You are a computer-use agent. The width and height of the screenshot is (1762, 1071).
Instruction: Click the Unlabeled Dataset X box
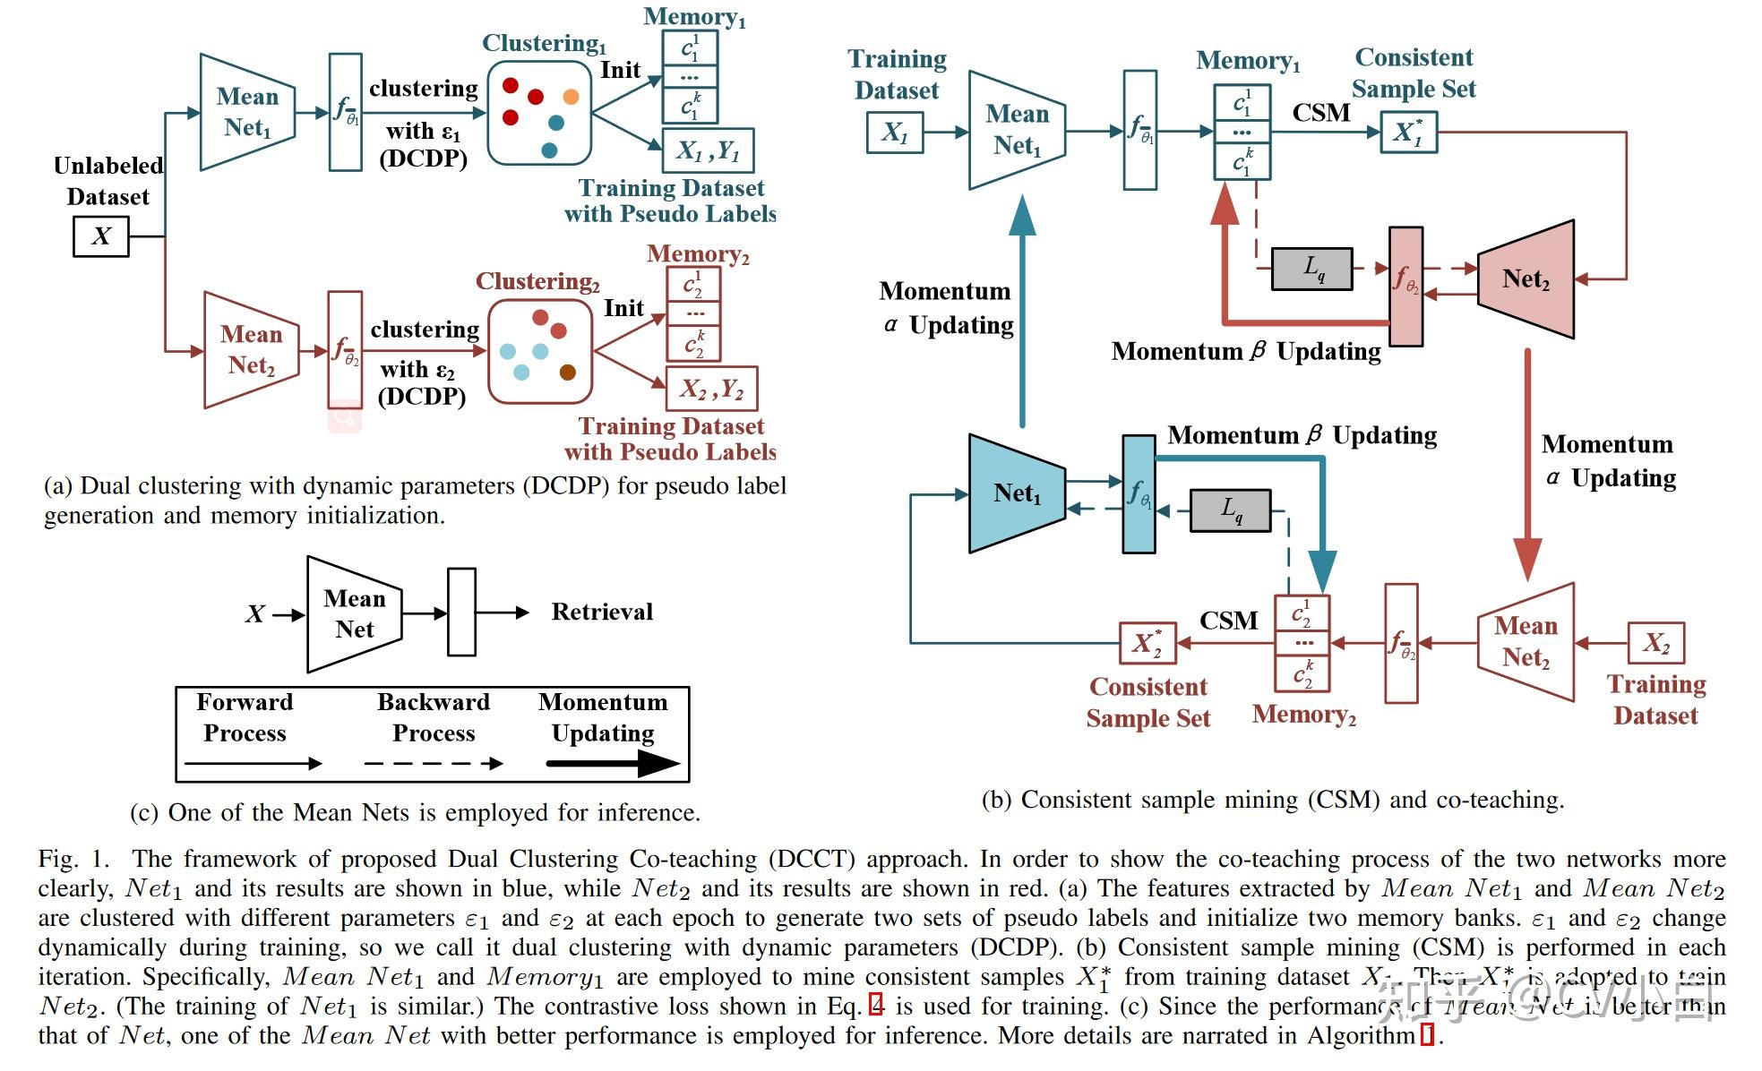click(x=100, y=236)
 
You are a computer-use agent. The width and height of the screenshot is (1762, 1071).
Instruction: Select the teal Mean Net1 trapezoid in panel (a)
click(x=247, y=112)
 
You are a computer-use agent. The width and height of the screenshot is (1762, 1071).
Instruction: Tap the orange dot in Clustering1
click(x=571, y=97)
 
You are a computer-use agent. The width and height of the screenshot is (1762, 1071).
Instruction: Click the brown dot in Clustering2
click(x=568, y=373)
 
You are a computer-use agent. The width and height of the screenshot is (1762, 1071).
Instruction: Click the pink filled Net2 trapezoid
click(x=1526, y=279)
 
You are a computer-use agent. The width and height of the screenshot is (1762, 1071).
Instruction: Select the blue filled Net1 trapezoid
click(x=1017, y=493)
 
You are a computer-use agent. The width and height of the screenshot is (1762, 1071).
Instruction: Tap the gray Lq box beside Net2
click(x=1312, y=269)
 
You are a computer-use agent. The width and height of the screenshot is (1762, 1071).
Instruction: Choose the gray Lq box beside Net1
click(x=1230, y=510)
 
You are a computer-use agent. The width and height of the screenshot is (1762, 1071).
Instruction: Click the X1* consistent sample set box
click(x=1408, y=133)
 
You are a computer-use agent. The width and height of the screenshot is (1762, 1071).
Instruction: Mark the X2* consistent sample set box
click(x=1147, y=643)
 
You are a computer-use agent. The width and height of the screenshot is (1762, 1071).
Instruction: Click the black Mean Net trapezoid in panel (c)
click(x=355, y=614)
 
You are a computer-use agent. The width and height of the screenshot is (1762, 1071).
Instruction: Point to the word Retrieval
click(x=602, y=612)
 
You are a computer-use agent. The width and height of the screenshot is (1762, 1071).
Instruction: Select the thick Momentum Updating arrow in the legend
click(x=613, y=764)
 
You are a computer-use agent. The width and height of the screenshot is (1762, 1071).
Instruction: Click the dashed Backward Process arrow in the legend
click(x=434, y=764)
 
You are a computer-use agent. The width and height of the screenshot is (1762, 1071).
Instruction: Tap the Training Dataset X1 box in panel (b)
click(x=895, y=133)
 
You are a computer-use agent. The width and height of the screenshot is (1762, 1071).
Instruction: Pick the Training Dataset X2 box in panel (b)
click(x=1655, y=643)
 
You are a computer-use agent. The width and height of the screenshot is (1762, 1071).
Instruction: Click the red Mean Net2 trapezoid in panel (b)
click(x=1526, y=641)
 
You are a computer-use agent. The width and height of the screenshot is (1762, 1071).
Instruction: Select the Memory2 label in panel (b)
click(x=1303, y=715)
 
